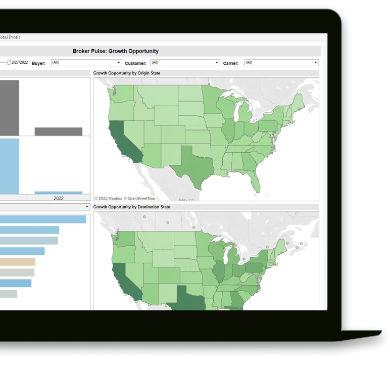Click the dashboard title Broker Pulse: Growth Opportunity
coord(115,51)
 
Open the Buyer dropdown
coord(86,63)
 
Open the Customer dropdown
coord(185,63)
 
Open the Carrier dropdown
coord(281,63)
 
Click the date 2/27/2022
coord(20,62)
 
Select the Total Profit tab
coord(10,37)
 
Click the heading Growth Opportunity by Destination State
coord(131,207)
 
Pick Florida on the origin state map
coord(256,181)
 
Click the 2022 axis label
coord(59,198)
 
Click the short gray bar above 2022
coord(58,131)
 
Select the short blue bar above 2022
coord(58,193)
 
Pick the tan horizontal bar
coord(18,262)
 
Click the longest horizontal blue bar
coord(43,219)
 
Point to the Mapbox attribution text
coord(108,198)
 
